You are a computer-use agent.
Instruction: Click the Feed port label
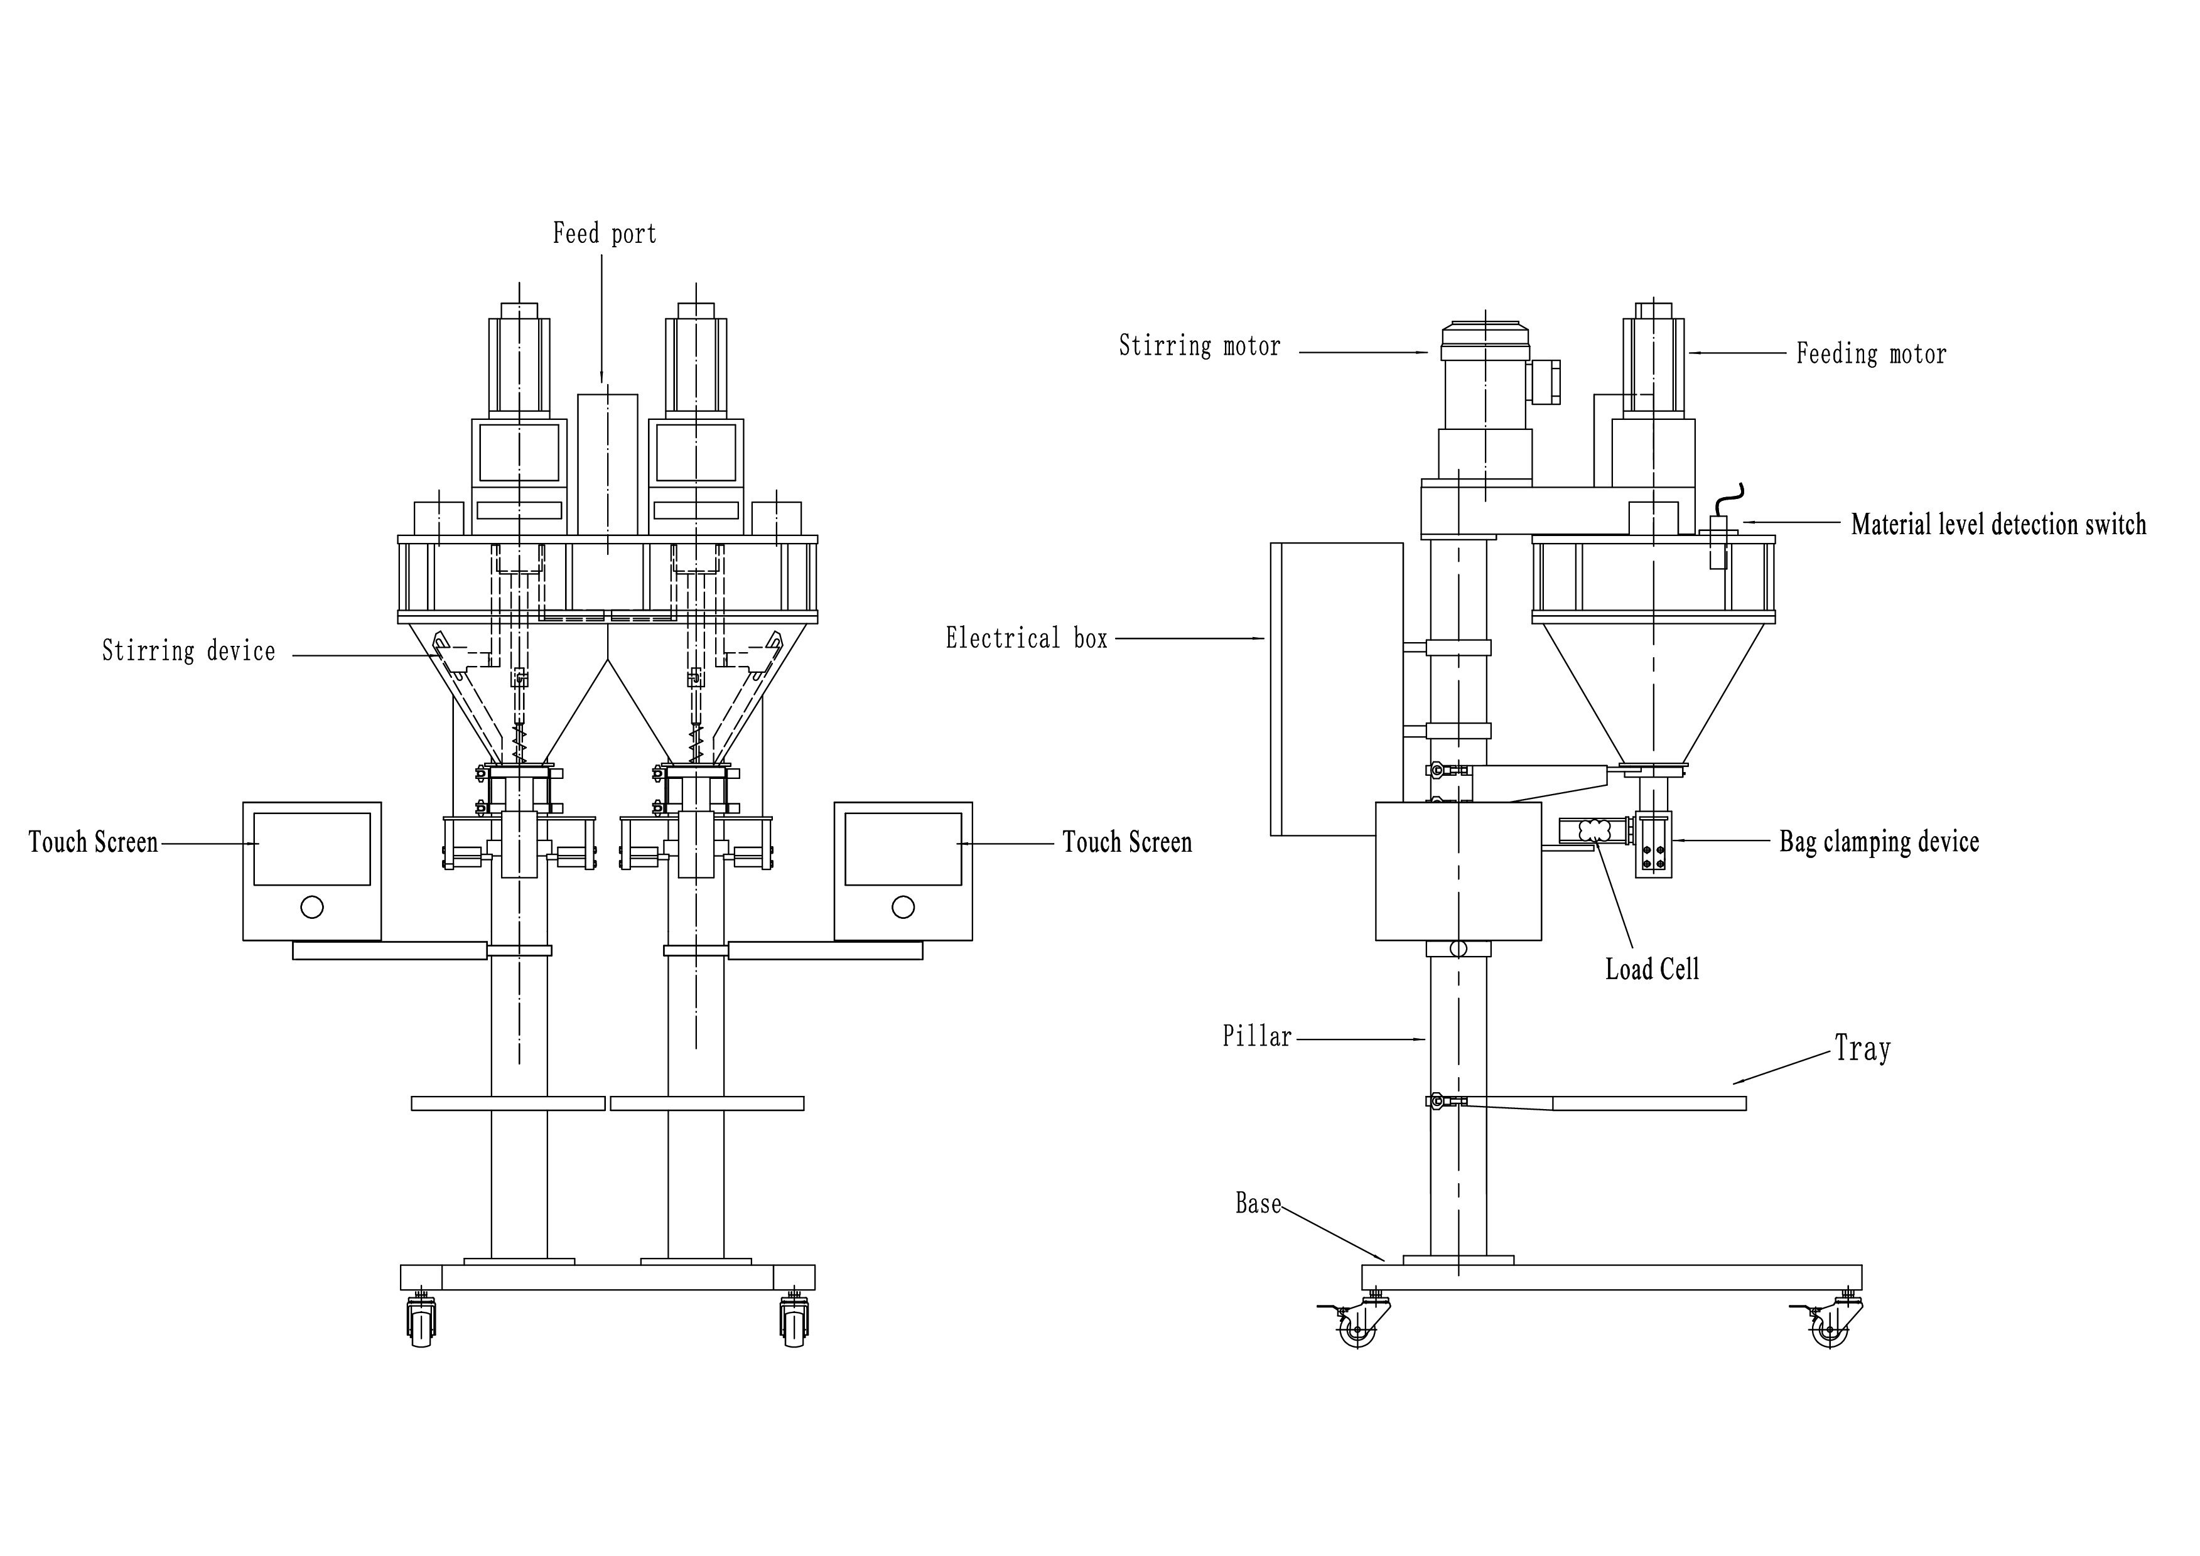tap(605, 233)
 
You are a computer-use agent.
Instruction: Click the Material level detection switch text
tap(1998, 525)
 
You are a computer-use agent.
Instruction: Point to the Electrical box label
tap(1026, 639)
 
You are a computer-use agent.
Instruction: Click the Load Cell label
tap(1652, 970)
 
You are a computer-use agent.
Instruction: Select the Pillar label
tap(1256, 1037)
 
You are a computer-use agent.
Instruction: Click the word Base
tap(1257, 1203)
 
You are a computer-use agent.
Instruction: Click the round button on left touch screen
tap(311, 906)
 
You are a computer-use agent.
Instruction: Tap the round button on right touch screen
tap(903, 906)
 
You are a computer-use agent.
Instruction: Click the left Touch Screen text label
tap(93, 843)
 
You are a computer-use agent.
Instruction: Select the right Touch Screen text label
tap(1127, 843)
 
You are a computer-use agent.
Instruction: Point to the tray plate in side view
tap(1648, 1104)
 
